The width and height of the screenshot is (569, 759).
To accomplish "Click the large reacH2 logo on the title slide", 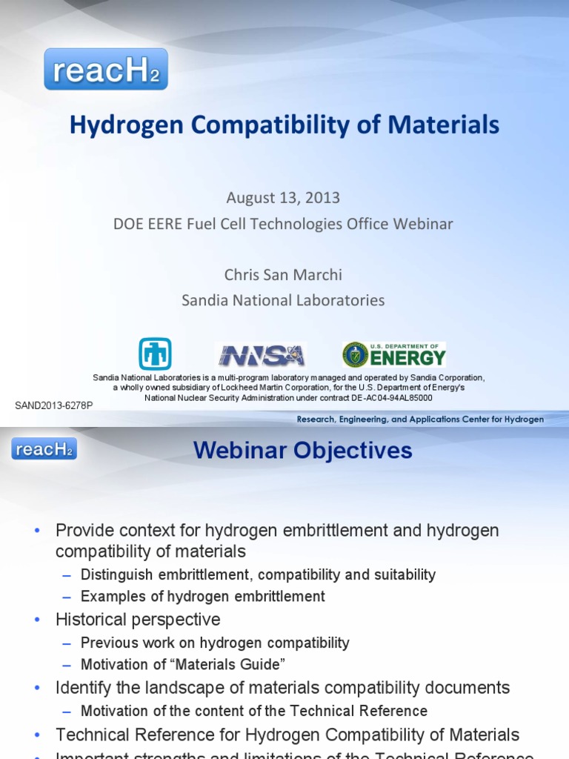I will click(106, 69).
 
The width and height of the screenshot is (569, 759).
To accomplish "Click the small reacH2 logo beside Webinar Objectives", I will click(44, 449).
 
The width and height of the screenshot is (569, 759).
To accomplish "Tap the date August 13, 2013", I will click(284, 198).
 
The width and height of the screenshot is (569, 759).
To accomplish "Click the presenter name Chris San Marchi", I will click(284, 274).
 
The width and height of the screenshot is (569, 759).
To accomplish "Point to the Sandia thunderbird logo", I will click(155, 354).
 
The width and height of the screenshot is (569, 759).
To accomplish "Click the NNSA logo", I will click(261, 354).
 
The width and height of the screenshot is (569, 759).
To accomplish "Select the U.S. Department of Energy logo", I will click(393, 355).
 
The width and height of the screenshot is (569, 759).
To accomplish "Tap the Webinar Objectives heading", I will click(303, 450).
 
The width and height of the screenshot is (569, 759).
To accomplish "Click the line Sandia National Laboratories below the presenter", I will click(284, 300).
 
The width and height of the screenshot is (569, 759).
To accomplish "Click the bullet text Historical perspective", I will click(138, 619).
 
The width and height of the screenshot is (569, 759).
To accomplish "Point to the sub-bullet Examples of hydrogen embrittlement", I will click(202, 596).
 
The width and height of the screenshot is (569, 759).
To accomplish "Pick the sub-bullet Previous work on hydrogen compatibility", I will click(215, 643).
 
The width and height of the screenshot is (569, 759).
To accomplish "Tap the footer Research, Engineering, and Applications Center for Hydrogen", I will click(420, 420).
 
